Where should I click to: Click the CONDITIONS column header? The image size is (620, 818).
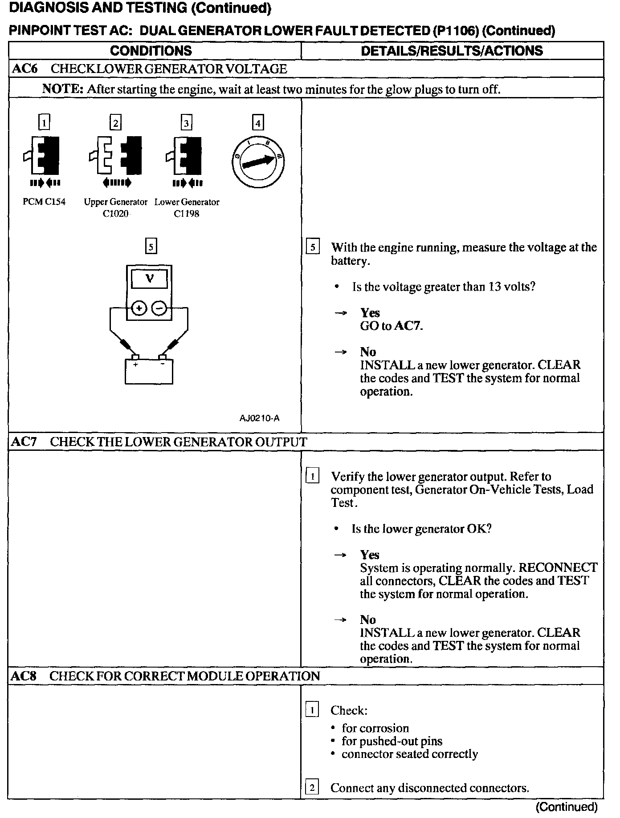tap(151, 51)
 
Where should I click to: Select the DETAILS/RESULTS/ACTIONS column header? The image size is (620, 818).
tap(452, 51)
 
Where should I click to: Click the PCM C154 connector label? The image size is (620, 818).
tap(44, 202)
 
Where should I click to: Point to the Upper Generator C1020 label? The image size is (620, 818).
tap(116, 208)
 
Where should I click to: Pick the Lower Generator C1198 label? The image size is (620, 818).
tap(187, 208)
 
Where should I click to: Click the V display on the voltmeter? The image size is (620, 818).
tap(150, 279)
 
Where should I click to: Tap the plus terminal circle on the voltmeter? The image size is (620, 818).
tap(139, 308)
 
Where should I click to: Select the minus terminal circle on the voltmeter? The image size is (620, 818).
tap(160, 308)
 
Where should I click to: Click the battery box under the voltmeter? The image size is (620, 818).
tap(149, 372)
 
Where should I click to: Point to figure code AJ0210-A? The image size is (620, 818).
tap(259, 418)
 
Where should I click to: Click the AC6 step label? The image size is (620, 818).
tap(25, 69)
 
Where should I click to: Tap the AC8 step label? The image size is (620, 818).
tap(24, 676)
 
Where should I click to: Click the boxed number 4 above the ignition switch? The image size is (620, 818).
tap(258, 122)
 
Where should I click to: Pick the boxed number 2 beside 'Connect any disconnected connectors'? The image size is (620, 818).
tap(312, 788)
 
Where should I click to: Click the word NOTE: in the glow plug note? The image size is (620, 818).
tap(63, 89)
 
